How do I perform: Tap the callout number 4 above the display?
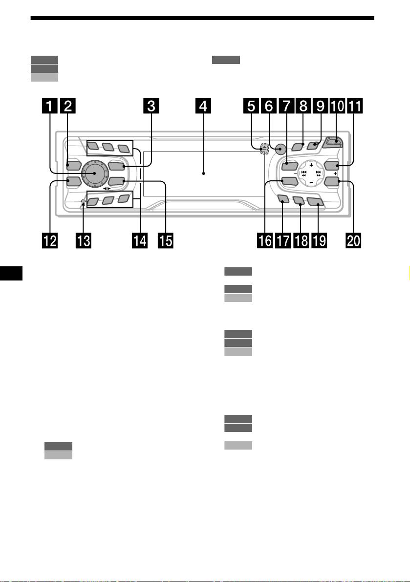(203, 106)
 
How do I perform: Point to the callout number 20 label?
(353, 240)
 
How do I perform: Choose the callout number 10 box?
(337, 106)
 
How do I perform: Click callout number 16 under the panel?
(265, 240)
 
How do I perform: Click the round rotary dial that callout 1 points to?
(95, 173)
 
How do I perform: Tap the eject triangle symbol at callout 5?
(263, 148)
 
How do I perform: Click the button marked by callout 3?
(116, 166)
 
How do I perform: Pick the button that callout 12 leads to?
(73, 181)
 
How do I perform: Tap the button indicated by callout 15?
(116, 181)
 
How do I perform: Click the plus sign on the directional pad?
(311, 164)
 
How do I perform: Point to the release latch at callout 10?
(333, 143)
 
